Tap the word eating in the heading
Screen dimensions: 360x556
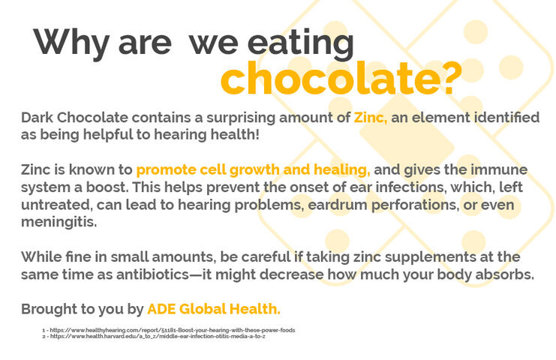tap(303, 43)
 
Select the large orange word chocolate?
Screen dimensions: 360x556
tap(341, 79)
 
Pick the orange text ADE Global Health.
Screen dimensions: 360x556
tap(214, 308)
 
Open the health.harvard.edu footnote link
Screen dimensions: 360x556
tap(158, 336)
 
